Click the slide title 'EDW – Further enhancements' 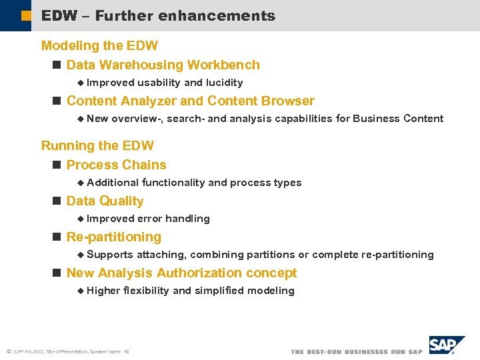tap(158, 16)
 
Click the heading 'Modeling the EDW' tap(99, 46)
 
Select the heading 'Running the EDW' tap(97, 146)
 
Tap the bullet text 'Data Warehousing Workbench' tap(163, 65)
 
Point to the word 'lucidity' tap(224, 83)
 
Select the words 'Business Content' tap(397, 119)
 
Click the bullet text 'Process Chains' tap(116, 165)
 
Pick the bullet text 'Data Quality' tap(105, 201)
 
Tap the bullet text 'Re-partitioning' tap(113, 237)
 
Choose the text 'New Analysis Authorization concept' tap(181, 273)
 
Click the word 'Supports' tap(110, 255)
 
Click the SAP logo tap(446, 345)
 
